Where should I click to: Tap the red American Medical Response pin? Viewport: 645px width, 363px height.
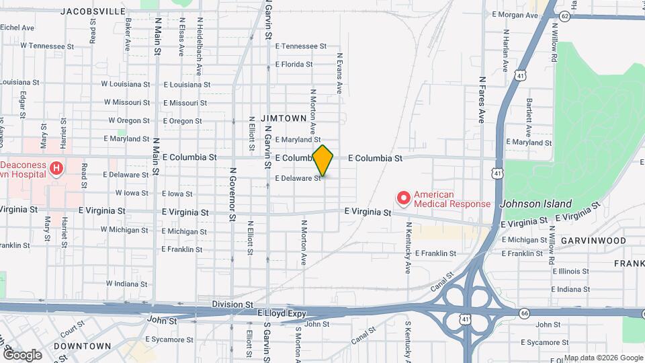pos(403,198)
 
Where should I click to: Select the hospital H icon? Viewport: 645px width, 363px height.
pos(57,168)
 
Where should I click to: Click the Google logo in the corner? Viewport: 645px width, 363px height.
pos(21,354)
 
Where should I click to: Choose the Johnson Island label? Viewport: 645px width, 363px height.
pos(537,204)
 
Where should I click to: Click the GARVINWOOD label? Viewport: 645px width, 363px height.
pos(593,240)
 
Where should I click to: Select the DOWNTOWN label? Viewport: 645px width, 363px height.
pos(82,346)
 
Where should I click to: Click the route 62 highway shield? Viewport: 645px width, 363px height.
pos(564,15)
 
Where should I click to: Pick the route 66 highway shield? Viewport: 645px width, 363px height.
pos(525,313)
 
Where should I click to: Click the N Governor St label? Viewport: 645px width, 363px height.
pos(232,194)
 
